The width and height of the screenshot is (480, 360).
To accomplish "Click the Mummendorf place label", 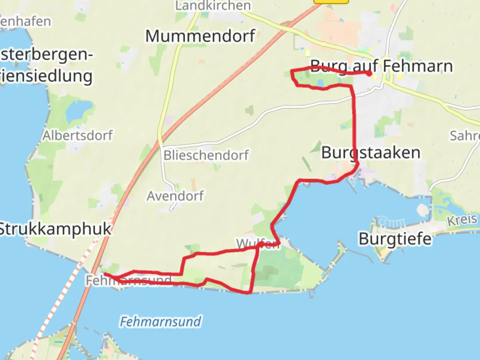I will pos(200,36).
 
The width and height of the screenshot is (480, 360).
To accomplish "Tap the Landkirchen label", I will pos(213,5).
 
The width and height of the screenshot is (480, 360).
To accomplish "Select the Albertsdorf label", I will pos(78,135).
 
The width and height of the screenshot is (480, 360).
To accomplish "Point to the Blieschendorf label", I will pos(206,155).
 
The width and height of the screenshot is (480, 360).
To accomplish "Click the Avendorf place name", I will pos(175,196).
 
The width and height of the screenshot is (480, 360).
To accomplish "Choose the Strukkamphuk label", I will pos(55,229).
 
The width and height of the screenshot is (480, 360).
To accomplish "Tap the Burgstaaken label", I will pos(371,153).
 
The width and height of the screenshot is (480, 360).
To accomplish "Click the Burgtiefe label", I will pos(395,239).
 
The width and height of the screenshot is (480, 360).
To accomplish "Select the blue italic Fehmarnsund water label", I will pos(160,322).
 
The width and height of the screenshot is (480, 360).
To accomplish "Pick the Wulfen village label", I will pos(257,244).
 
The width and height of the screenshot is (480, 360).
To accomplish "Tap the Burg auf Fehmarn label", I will pos(381,66).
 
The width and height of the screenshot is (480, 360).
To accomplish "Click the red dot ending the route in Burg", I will pos(369,74).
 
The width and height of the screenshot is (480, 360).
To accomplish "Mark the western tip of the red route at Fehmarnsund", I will pos(105,274).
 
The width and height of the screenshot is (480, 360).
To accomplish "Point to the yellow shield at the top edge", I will pos(331,1).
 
